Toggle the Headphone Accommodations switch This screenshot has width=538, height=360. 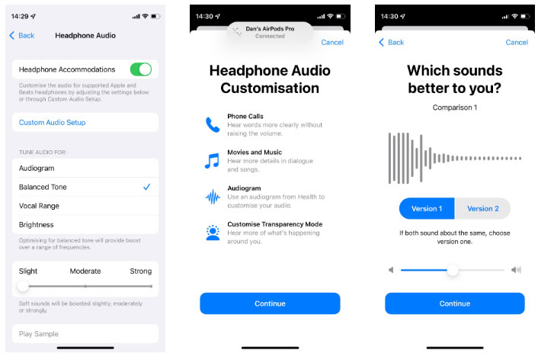[x=140, y=69]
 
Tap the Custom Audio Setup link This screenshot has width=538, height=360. [x=52, y=123]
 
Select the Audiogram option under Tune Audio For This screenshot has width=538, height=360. [x=37, y=168]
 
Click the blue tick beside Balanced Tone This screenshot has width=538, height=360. [x=146, y=187]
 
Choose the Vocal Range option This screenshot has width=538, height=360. [x=39, y=206]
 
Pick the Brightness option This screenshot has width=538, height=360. [x=36, y=225]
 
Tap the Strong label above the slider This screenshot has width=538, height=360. [x=140, y=271]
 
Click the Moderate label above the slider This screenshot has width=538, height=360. [x=85, y=271]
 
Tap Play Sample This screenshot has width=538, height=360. [x=39, y=334]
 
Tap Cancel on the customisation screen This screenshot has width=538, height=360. [x=332, y=42]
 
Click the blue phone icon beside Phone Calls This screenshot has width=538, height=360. [x=212, y=124]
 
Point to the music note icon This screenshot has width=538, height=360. [x=212, y=161]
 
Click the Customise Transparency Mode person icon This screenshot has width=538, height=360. [x=212, y=233]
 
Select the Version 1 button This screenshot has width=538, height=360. [x=427, y=209]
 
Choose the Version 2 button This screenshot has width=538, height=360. [x=482, y=209]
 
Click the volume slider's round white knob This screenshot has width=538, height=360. [x=453, y=270]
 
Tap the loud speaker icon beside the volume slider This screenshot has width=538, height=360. [x=516, y=270]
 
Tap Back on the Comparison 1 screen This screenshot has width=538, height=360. [x=392, y=42]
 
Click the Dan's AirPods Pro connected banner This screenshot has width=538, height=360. [x=269, y=32]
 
